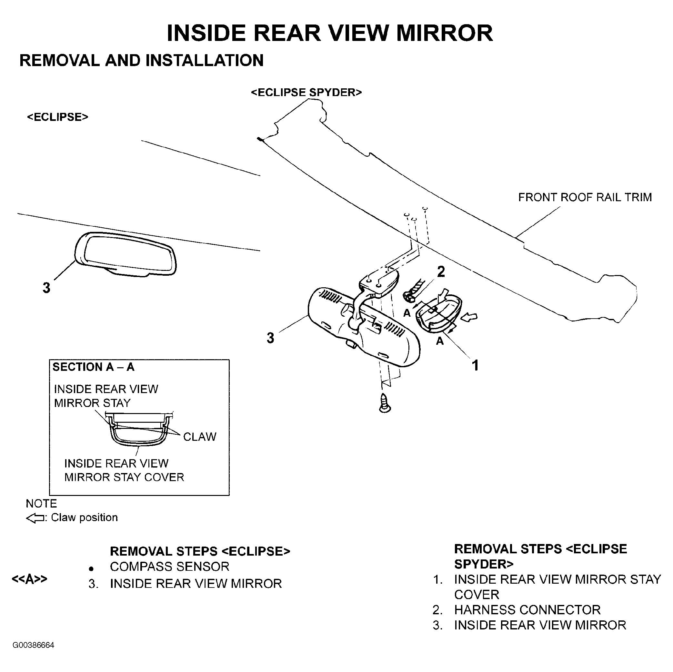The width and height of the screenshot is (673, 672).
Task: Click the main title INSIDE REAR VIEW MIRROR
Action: [329, 33]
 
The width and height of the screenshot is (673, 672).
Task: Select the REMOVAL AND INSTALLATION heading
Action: [141, 60]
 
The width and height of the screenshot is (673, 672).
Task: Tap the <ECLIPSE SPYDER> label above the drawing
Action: [306, 92]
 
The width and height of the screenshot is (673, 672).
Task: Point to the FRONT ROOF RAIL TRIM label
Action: [585, 197]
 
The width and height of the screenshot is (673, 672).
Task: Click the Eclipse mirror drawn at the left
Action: [126, 254]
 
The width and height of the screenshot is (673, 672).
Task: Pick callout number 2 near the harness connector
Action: [441, 272]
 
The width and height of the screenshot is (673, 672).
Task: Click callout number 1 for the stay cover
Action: [475, 365]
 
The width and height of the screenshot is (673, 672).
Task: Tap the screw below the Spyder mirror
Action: [385, 403]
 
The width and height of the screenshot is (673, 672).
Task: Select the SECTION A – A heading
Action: [93, 367]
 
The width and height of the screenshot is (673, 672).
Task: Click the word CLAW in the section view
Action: [200, 437]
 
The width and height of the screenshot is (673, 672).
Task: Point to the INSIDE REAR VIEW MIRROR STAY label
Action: [106, 396]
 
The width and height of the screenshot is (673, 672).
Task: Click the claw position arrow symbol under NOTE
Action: [35, 519]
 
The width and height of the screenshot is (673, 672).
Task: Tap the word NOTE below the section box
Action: [41, 503]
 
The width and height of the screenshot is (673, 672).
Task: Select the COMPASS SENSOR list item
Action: [170, 567]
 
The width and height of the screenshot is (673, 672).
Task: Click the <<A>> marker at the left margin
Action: [30, 579]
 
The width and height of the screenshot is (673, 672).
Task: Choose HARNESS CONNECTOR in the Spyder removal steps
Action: [527, 610]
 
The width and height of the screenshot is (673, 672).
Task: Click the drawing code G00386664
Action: [34, 645]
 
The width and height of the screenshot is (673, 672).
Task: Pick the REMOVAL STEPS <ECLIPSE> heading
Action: [200, 551]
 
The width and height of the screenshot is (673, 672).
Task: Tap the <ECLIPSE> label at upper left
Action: [57, 117]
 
